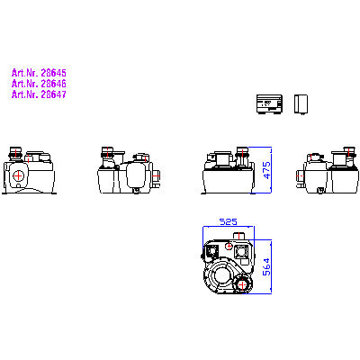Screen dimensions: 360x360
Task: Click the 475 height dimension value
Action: point(266,170)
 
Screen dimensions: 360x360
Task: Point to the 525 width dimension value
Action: point(229,221)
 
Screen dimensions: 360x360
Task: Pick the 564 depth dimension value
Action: point(266,266)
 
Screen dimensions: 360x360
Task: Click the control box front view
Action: point(269,104)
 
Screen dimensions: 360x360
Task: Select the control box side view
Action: point(301,104)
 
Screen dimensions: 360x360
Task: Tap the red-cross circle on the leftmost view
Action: point(19,175)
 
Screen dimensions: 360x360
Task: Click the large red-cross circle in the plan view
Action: point(242,285)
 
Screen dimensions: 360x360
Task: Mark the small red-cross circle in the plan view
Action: point(229,247)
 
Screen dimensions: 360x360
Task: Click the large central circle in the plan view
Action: point(221,274)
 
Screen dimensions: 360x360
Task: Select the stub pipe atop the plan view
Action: point(239,236)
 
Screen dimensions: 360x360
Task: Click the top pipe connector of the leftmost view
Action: point(15,153)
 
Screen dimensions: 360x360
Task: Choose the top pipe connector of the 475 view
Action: point(242,153)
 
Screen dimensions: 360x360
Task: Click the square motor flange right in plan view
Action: point(241,251)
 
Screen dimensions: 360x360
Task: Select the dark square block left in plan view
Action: point(212,250)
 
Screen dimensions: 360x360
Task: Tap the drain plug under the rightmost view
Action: point(320,191)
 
